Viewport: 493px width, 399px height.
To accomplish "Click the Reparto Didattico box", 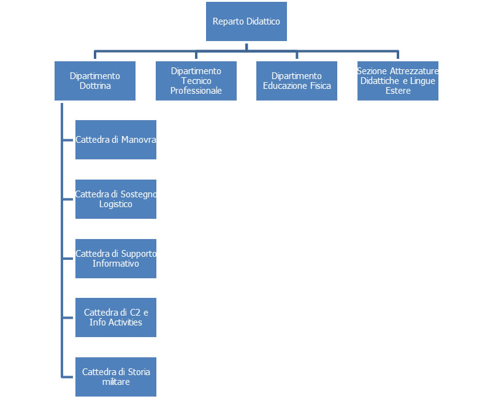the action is coord(246,21).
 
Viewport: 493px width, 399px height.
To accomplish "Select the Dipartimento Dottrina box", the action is coord(95,81).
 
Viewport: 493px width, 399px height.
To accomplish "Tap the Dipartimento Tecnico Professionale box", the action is coord(196,81).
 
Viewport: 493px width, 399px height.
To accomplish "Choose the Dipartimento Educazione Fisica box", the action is coord(297,81).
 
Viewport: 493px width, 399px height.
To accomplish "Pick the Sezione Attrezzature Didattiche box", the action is coord(398,81).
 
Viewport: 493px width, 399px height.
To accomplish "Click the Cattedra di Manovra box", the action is coord(116,140).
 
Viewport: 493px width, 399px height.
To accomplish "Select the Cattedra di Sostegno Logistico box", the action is coord(116,199).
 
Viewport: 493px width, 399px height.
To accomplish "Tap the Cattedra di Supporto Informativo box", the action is coord(116,259).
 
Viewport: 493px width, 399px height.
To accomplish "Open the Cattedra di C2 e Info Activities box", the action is coord(116,317).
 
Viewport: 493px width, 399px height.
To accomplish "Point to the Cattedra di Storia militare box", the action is coord(116,377).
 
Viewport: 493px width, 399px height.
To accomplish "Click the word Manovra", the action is coord(139,140).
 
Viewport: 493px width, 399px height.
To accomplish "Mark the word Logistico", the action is coord(116,204).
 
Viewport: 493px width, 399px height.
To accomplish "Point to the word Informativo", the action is coord(116,264).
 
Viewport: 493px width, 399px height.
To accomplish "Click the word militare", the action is coord(116,382).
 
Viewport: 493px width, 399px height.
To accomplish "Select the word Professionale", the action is coord(196,91).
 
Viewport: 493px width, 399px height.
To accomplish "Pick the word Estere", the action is coord(398,91).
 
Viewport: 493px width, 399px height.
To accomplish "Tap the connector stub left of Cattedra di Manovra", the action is coord(68,140).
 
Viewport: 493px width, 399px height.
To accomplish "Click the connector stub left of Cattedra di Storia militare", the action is coord(68,377).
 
